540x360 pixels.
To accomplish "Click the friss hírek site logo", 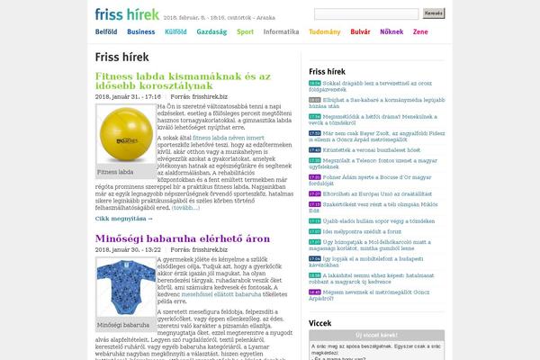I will click(128, 14).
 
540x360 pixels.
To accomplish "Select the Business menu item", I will click(140, 31).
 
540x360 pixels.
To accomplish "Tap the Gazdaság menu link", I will click(211, 31).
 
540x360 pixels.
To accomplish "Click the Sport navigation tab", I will click(245, 31).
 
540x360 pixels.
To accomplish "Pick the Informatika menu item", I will click(282, 31).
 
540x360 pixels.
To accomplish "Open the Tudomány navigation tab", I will click(324, 31).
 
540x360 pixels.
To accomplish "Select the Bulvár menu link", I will click(360, 31).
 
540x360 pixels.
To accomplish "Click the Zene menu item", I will click(420, 31).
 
